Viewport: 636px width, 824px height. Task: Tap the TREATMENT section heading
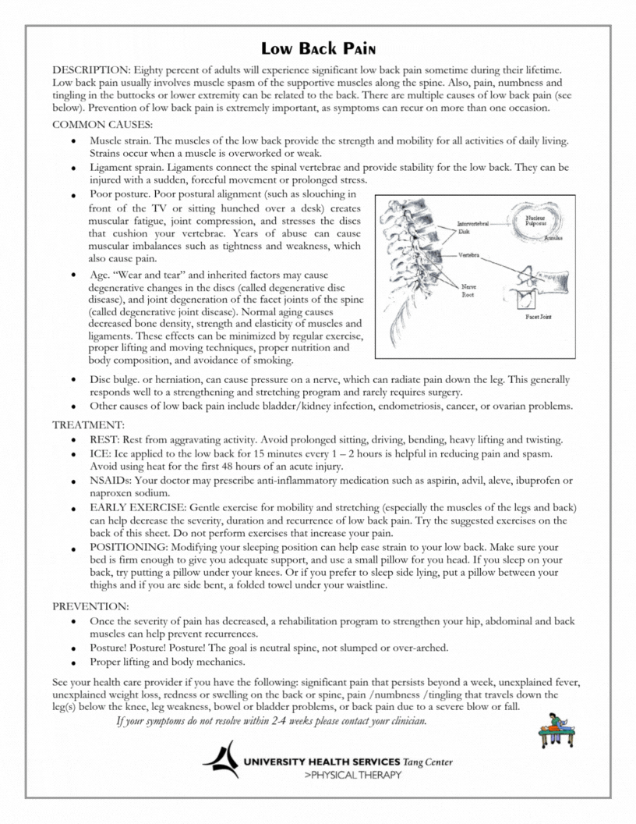88,425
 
